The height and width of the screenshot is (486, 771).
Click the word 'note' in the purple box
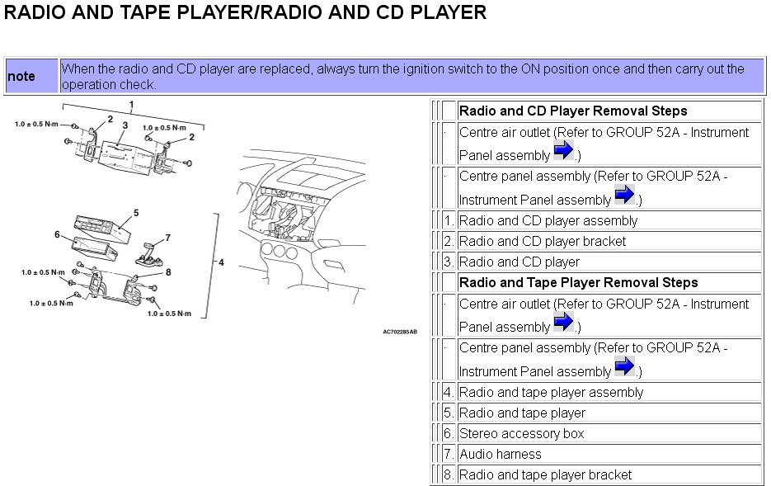click(21, 76)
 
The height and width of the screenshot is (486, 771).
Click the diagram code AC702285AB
click(400, 332)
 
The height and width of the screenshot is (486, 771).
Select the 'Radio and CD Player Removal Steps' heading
click(573, 111)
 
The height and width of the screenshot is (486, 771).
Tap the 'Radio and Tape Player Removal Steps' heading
click(578, 283)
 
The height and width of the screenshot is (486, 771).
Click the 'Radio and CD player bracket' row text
click(543, 242)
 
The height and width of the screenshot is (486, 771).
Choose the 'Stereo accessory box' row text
click(521, 434)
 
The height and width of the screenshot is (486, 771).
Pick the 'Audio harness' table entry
click(500, 455)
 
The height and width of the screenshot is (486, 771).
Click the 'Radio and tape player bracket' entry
click(545, 475)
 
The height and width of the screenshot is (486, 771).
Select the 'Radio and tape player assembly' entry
click(551, 393)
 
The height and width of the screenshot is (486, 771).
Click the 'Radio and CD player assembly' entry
click(548, 221)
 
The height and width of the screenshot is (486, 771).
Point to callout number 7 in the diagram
click(167, 238)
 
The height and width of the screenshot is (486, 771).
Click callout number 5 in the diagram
click(136, 213)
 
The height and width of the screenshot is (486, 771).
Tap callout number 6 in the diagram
click(57, 234)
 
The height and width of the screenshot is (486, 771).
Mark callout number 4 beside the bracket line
click(221, 262)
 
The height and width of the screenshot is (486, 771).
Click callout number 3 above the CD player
click(125, 125)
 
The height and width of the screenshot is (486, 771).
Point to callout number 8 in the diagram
click(168, 272)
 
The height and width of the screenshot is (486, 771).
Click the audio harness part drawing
click(149, 255)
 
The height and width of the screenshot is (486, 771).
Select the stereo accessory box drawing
click(94, 248)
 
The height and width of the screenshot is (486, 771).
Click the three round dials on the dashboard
click(279, 251)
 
